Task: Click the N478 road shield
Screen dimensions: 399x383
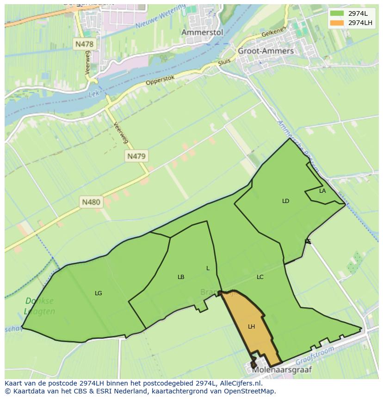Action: (x=84, y=44)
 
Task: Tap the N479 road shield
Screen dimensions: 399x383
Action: (x=136, y=156)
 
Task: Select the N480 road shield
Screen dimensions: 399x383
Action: (x=91, y=202)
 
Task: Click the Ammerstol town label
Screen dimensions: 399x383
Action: (x=202, y=32)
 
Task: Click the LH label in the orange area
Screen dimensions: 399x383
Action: (x=251, y=327)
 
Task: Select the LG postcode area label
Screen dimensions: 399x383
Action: (x=98, y=293)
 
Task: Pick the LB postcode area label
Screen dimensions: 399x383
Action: (x=181, y=277)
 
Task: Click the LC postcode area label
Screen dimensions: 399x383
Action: (x=260, y=277)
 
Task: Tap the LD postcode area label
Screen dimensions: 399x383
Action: (x=285, y=201)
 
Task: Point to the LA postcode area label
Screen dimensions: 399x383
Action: (x=322, y=191)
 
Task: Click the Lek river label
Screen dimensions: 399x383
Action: (x=93, y=95)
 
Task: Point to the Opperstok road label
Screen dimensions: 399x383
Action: (x=160, y=80)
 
